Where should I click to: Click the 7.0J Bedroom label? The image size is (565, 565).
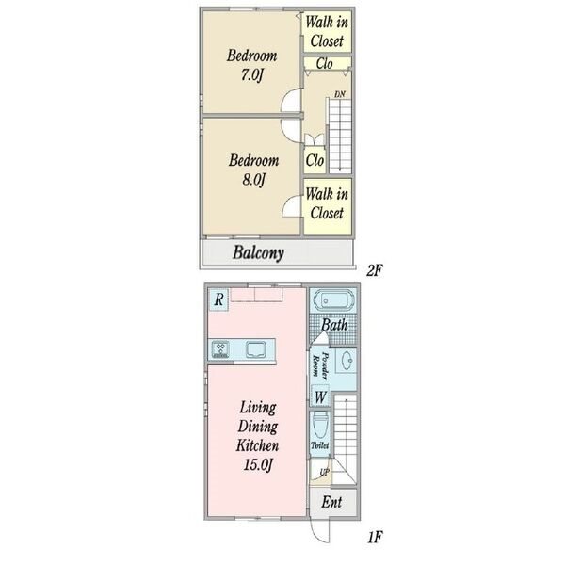(251, 65)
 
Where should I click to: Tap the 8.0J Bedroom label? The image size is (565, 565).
(253, 169)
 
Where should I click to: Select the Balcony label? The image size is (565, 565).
(258, 252)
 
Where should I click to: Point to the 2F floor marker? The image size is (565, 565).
(375, 270)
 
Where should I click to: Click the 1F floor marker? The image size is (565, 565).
(375, 538)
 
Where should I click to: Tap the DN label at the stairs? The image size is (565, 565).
(340, 94)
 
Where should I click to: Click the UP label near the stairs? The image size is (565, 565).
(325, 473)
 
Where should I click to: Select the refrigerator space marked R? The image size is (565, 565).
(218, 299)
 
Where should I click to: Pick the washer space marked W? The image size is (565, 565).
(320, 396)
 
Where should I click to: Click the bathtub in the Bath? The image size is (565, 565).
(333, 300)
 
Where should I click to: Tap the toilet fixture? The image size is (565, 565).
(320, 428)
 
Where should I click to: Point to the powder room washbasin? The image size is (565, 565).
(347, 361)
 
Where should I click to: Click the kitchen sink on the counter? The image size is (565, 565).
(255, 349)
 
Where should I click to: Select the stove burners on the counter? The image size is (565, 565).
(220, 349)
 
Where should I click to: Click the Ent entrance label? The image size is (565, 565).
(331, 502)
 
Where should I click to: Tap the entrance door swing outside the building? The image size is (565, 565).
(319, 530)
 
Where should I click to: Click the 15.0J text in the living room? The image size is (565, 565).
(258, 464)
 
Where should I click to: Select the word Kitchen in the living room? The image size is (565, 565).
(257, 445)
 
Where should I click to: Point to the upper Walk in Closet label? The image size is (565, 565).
(327, 32)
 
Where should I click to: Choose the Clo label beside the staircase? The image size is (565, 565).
(315, 160)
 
